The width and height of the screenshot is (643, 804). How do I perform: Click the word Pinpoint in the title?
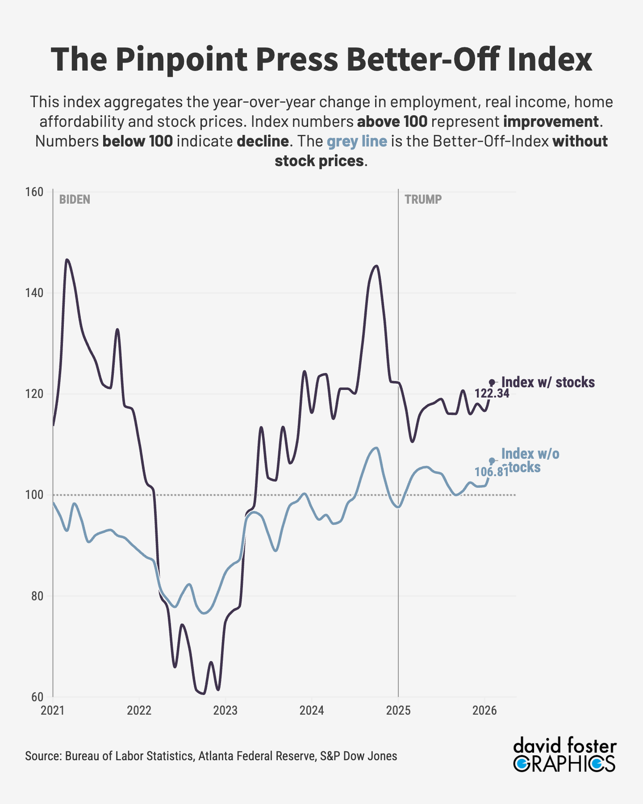point(181,59)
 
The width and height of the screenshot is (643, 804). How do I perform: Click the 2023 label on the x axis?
point(225,711)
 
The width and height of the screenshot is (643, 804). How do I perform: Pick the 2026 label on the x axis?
point(484,711)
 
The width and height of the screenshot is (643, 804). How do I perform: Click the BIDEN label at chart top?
point(75,199)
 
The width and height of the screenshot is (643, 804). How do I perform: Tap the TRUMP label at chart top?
point(423,199)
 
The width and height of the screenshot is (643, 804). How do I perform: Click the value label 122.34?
point(492,394)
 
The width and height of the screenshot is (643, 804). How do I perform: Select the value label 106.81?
point(491,472)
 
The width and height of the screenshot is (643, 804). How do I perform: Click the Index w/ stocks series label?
point(548,382)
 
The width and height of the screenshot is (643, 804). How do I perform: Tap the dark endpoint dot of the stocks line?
point(492,382)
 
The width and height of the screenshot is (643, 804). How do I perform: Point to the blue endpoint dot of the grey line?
point(492,461)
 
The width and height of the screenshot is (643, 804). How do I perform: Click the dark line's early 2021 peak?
point(67,260)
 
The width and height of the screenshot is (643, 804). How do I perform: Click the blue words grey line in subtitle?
point(357,141)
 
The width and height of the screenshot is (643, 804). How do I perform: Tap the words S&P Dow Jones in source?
point(358,756)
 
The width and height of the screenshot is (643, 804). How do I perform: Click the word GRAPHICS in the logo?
point(564,764)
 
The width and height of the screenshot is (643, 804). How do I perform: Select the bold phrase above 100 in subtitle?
point(392,121)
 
